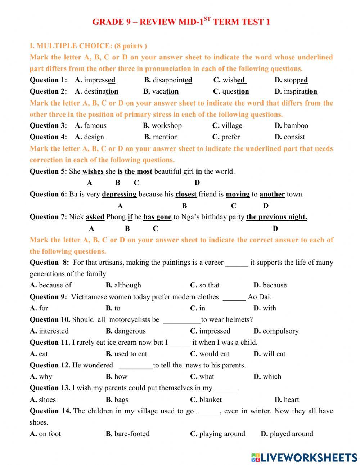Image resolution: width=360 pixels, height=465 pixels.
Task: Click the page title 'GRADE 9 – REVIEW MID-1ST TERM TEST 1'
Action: pyautogui.click(x=181, y=22)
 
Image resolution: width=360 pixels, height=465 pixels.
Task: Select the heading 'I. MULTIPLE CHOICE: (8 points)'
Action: pyautogui.click(x=88, y=46)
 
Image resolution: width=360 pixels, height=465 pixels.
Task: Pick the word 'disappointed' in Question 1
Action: pyautogui.click(x=172, y=80)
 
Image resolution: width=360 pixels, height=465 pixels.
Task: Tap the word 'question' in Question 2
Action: pyautogui.click(x=235, y=91)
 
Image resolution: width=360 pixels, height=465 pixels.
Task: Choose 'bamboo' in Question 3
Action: pyautogui.click(x=296, y=126)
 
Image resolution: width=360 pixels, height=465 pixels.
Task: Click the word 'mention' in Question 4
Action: pyautogui.click(x=165, y=137)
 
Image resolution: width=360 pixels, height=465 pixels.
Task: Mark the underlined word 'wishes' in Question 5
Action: pyautogui.click(x=93, y=171)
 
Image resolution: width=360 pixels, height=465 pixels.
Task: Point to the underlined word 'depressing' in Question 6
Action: pyautogui.click(x=119, y=194)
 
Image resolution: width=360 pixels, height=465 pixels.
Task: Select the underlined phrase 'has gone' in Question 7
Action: pyautogui.click(x=157, y=217)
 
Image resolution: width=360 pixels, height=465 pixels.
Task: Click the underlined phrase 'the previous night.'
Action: pyautogui.click(x=276, y=217)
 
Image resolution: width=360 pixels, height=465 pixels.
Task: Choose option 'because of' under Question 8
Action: pyautogui.click(x=55, y=285)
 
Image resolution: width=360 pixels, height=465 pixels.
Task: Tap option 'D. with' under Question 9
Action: pyautogui.click(x=265, y=308)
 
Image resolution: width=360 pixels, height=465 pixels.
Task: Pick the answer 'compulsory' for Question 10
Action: pyautogui.click(x=280, y=331)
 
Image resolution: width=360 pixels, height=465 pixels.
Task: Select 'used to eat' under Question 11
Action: pyautogui.click(x=130, y=354)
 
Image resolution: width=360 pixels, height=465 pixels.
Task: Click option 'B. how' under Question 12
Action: pyautogui.click(x=117, y=376)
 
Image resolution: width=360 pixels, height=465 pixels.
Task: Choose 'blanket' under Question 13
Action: pyautogui.click(x=210, y=399)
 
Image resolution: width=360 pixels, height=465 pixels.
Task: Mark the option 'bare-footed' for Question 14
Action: pyautogui.click(x=131, y=434)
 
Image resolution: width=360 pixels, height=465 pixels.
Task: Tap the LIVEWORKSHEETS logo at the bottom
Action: pyautogui.click(x=304, y=457)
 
